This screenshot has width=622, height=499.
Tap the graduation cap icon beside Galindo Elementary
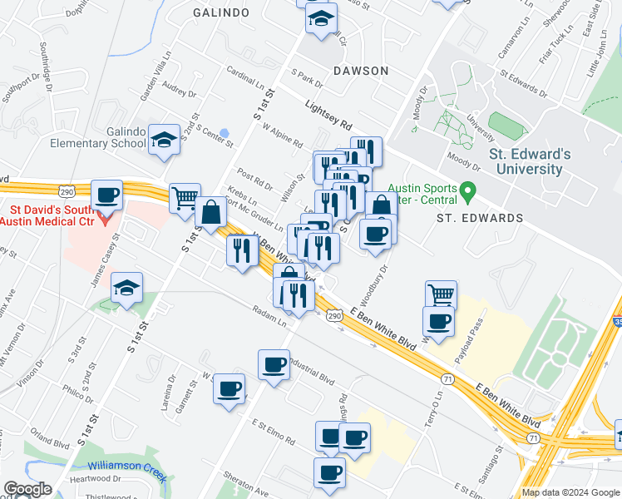pyautogui.click(x=164, y=140)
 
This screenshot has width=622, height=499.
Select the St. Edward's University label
pyautogui.click(x=530, y=161)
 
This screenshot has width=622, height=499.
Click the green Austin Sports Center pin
pyautogui.click(x=467, y=192)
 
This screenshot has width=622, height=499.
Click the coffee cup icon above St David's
pyautogui.click(x=106, y=195)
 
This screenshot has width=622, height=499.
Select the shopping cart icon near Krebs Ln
pyautogui.click(x=185, y=199)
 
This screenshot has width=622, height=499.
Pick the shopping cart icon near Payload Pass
pyautogui.click(x=441, y=294)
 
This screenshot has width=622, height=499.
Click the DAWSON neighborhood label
pyautogui.click(x=361, y=71)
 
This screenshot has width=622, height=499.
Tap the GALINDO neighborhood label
pyautogui.click(x=220, y=12)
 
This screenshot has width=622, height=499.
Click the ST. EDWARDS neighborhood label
pyautogui.click(x=481, y=218)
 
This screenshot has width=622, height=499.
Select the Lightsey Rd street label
pyautogui.click(x=329, y=116)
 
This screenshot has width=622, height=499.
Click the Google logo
pyautogui.click(x=27, y=489)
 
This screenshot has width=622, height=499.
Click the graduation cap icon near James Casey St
pyautogui.click(x=126, y=288)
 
